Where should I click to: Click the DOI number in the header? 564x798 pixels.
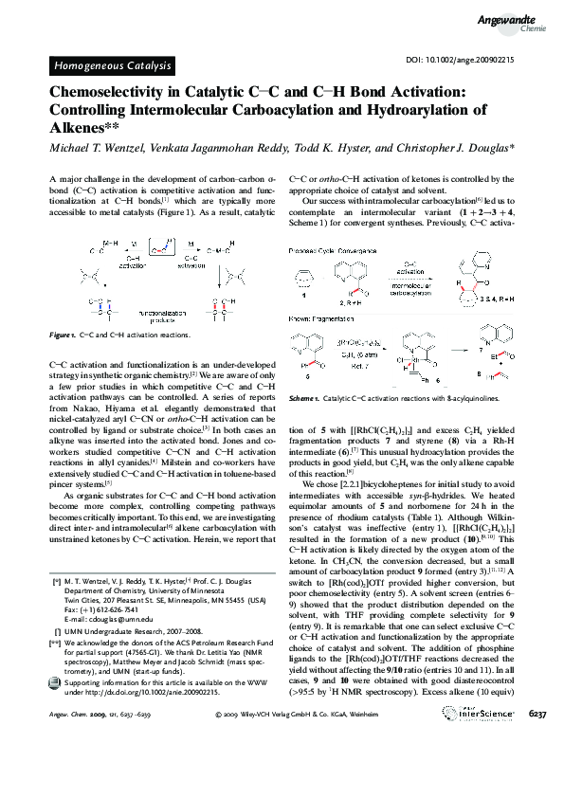click(x=485, y=60)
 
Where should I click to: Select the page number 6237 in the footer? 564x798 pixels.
click(x=537, y=765)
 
